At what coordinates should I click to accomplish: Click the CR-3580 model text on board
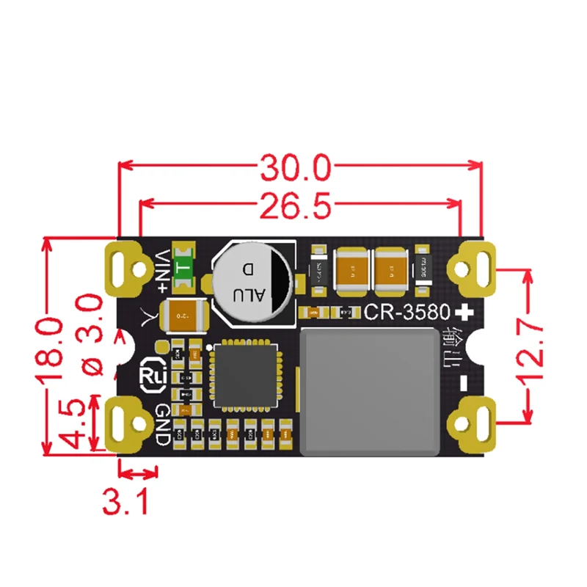pyautogui.click(x=406, y=313)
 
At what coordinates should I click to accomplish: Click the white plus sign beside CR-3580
pyautogui.click(x=464, y=312)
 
